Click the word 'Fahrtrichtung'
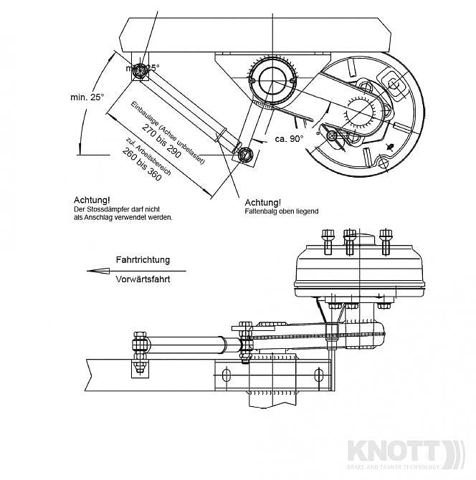(143, 260)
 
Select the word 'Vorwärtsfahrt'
(143, 280)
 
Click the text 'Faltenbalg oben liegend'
(281, 212)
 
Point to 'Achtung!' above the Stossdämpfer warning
(92, 200)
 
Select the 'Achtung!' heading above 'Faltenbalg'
(263, 202)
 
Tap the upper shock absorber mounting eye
(141, 69)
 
